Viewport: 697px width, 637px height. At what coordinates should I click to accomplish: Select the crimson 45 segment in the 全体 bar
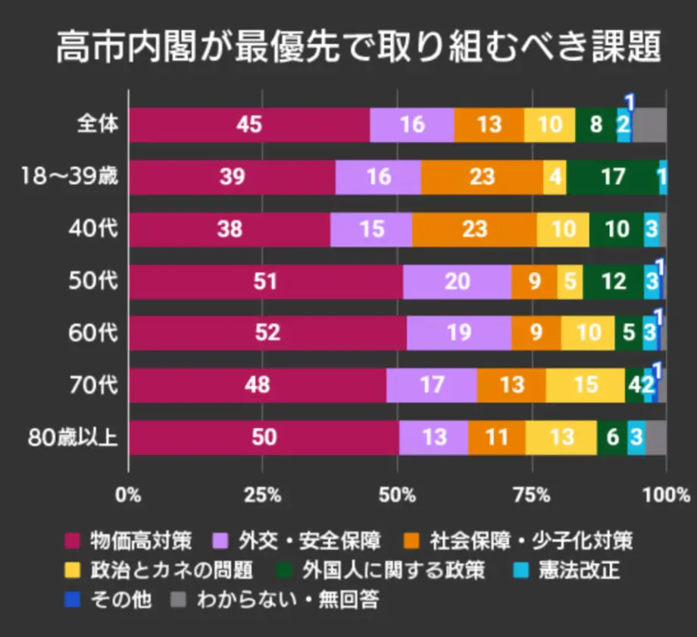click(249, 125)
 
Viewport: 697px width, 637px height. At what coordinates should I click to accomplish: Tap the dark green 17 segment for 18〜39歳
click(612, 177)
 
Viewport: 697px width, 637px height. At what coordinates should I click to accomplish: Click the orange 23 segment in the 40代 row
click(474, 230)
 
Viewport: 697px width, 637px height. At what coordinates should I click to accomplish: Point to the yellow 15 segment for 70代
click(586, 385)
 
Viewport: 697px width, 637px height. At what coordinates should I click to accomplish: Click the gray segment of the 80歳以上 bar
click(656, 438)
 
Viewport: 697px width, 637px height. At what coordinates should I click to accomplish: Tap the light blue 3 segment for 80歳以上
click(636, 438)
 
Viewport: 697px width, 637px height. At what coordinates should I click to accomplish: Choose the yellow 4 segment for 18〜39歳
click(555, 177)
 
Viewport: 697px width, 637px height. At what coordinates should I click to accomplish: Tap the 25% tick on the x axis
click(263, 496)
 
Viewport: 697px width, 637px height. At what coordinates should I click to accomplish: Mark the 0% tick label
click(128, 496)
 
